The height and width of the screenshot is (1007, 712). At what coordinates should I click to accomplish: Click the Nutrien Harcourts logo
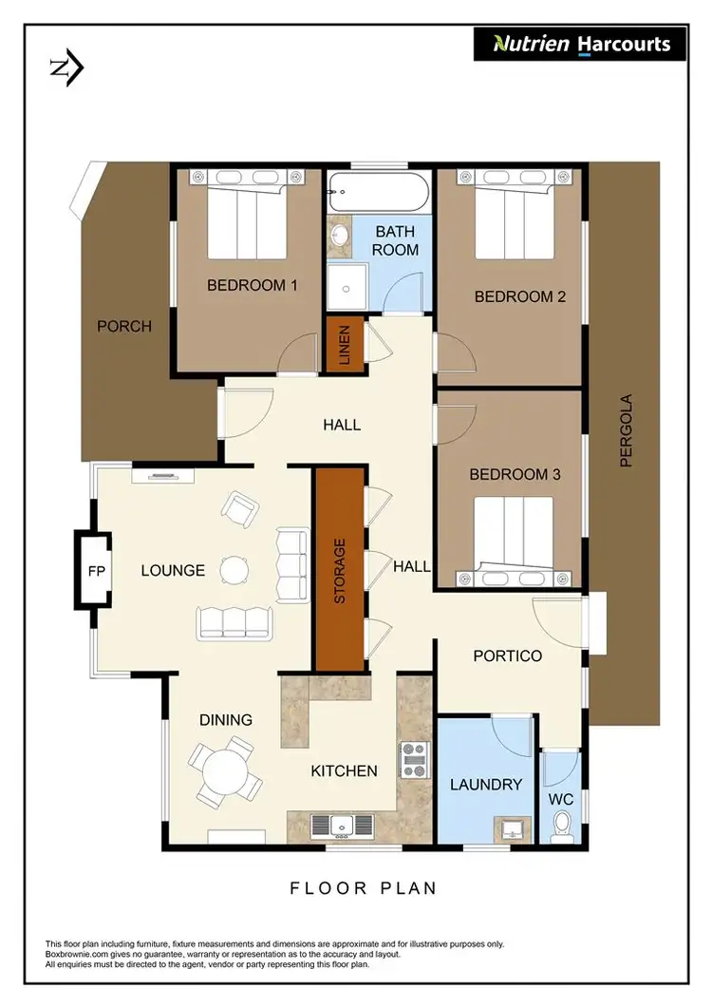(x=580, y=44)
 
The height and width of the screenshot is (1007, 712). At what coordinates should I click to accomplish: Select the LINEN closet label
(x=342, y=346)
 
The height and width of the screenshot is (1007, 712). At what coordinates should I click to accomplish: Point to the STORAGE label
(x=340, y=571)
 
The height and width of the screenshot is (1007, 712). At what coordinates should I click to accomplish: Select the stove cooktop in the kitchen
(x=414, y=760)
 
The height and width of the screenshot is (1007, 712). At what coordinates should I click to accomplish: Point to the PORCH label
(x=124, y=326)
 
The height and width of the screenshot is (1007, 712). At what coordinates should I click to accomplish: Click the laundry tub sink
(x=511, y=827)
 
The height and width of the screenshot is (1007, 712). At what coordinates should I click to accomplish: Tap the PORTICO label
(x=508, y=655)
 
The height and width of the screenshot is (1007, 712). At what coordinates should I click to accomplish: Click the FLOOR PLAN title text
(x=364, y=888)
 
